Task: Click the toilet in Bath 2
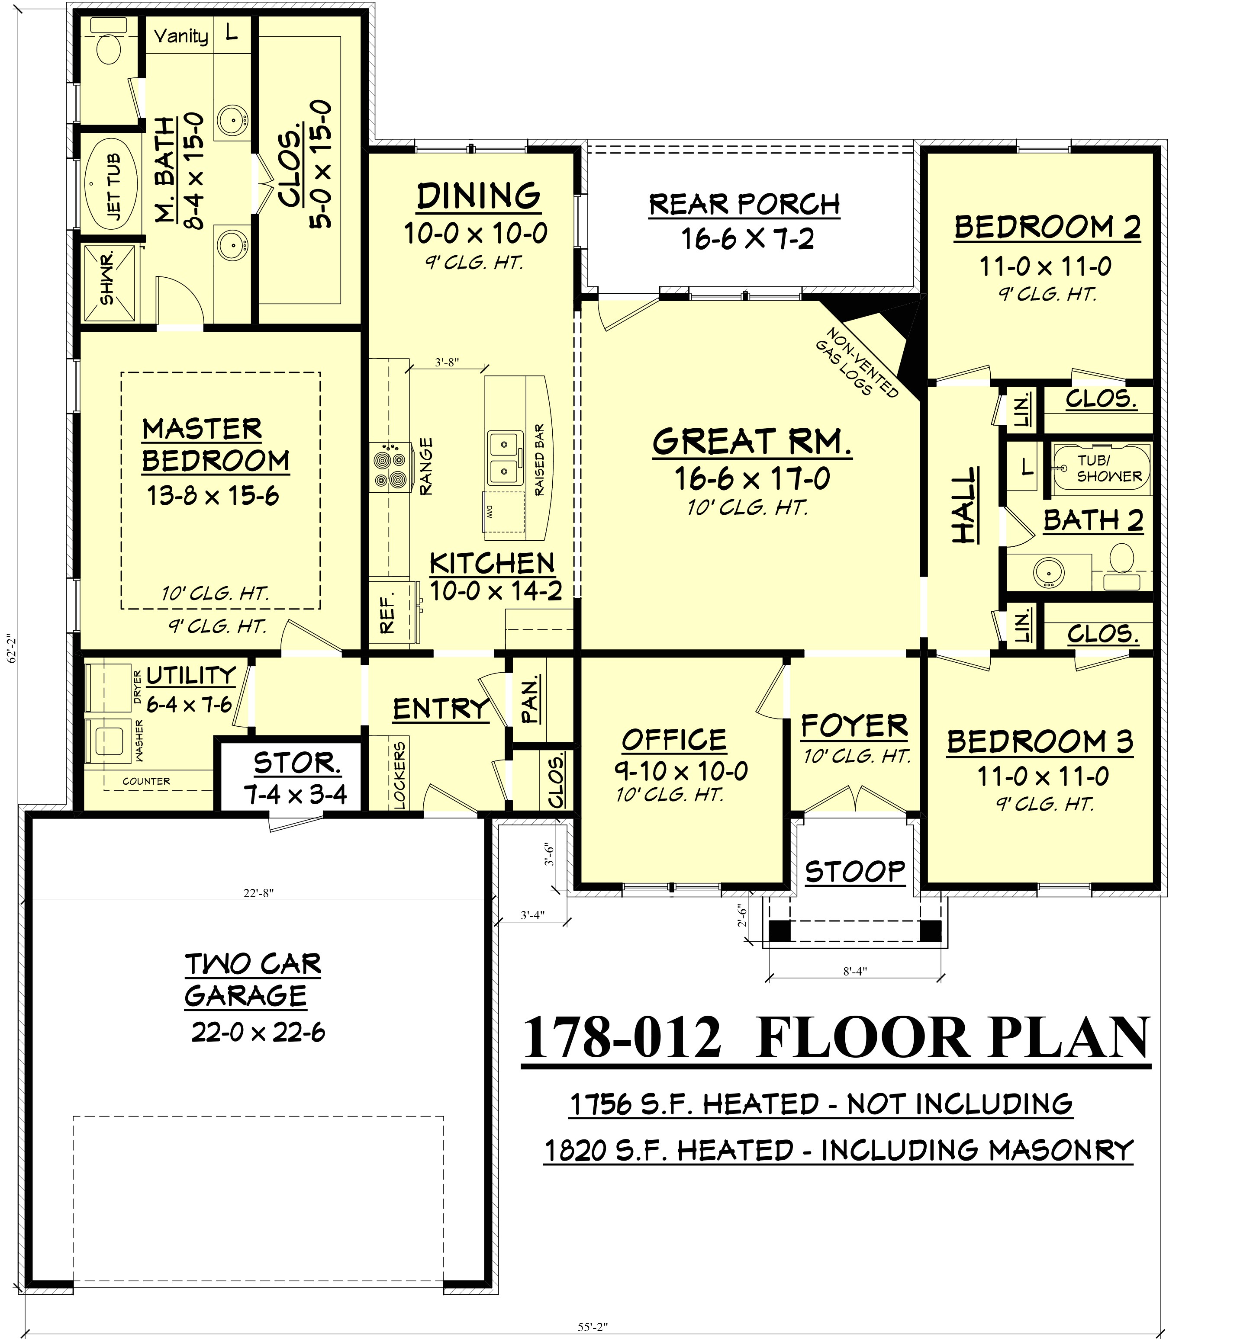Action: pyautogui.click(x=1121, y=558)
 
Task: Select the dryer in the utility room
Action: pyautogui.click(x=110, y=687)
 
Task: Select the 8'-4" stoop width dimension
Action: pyautogui.click(x=855, y=971)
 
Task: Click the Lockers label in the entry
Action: pyautogui.click(x=399, y=775)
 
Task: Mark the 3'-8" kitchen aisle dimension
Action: pyautogui.click(x=447, y=362)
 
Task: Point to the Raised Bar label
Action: pyautogui.click(x=539, y=460)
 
